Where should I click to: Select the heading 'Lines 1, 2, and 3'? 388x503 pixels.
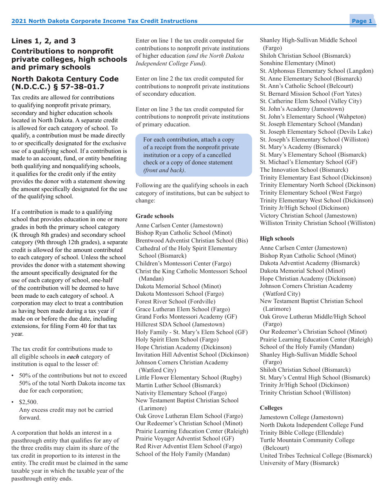[x=43, y=41]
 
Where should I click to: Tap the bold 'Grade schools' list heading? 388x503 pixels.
[x=154, y=216]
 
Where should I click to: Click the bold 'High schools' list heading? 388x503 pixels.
[x=277, y=238]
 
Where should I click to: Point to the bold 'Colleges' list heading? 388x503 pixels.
[x=271, y=408]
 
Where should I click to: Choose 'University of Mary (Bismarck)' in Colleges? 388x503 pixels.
[x=299, y=463]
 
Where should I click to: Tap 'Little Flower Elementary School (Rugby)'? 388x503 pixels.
[x=188, y=377]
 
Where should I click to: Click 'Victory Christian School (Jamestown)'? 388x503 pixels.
[x=308, y=216]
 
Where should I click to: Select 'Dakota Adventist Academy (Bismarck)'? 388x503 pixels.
[x=310, y=263]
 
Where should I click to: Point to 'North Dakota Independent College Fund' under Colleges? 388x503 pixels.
[x=311, y=425]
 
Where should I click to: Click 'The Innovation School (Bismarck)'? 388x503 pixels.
[x=304, y=170]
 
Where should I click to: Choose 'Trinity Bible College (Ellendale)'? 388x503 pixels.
[x=301, y=433]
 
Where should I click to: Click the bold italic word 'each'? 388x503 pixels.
[x=73, y=357]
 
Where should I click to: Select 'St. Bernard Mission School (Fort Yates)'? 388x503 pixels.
[x=310, y=94]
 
